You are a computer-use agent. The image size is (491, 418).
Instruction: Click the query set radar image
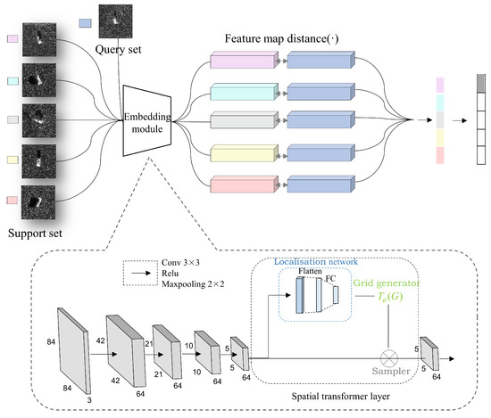pyautogui.click(x=114, y=20)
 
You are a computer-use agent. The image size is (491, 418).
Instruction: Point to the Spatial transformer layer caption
pyautogui.click(x=338, y=393)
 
